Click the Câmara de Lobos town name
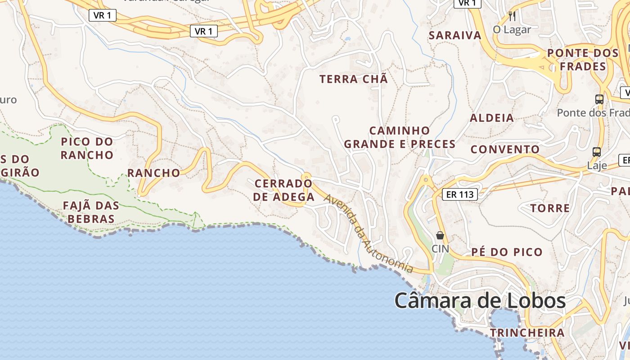coord(480,301)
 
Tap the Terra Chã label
coord(353,79)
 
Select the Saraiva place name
coord(455,36)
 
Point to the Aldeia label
coord(492,118)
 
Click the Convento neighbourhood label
coord(505,149)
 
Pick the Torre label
coord(550,208)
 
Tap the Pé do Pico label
coord(507,252)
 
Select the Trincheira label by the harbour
coord(527,333)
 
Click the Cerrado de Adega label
coord(283,190)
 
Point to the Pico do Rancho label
coord(87,148)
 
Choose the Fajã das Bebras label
coord(91,212)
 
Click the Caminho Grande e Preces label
coord(400,137)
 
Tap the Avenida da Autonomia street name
coord(368,234)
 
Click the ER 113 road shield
coord(459,194)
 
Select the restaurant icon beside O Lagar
coord(512,17)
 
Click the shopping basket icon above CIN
coord(440,235)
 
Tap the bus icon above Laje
coord(597,152)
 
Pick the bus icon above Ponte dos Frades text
coord(599,99)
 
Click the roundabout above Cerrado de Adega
coord(306,176)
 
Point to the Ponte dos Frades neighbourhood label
coord(583,60)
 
